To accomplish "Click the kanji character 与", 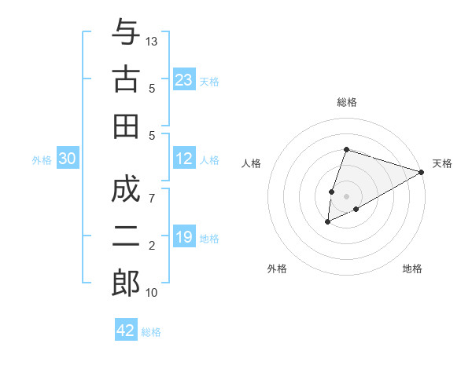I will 126,34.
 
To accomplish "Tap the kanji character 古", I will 126,80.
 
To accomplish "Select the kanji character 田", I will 126,126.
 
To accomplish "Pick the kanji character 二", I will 126,237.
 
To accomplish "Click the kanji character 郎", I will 126,283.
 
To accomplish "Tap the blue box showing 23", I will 184,80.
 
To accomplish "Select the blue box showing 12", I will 184,159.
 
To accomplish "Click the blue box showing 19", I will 184,237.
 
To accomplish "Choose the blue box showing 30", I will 67,159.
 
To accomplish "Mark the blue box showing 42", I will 126,331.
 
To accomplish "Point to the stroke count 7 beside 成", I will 153,197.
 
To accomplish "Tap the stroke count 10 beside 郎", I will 153,292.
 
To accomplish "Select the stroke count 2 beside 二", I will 153,246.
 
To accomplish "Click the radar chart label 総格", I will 347,102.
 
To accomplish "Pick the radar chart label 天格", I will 442,163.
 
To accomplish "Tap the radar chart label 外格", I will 277,269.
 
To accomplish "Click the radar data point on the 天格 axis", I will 422,172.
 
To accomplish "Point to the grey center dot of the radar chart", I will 346,195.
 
